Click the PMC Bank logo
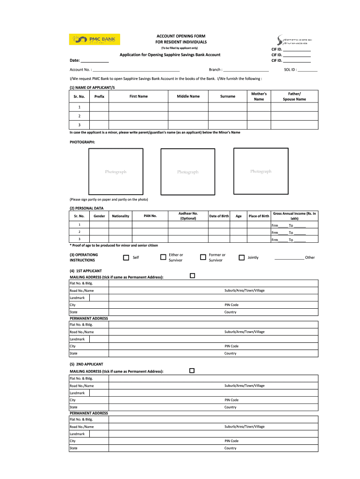95,39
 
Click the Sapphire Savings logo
288,40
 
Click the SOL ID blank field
307,70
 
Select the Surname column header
228,96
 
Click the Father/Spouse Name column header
294,96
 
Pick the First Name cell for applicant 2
138,116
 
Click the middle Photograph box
187,172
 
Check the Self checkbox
126,257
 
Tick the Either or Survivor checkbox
163,257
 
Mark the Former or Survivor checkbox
203,257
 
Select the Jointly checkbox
242,257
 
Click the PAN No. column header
150,216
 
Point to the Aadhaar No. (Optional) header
188,216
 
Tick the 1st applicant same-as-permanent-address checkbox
192,276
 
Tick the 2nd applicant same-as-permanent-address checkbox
192,370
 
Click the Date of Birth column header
219,216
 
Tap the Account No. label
80,70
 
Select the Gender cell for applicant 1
99,225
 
